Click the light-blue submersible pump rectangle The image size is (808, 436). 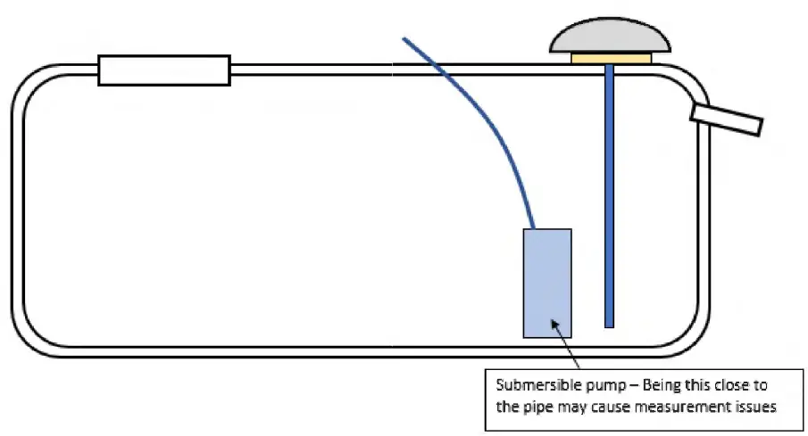click(547, 284)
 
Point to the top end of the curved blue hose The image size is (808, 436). click(405, 39)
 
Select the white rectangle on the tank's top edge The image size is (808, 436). click(164, 70)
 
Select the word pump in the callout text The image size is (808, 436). click(588, 385)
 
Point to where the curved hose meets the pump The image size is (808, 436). click(535, 228)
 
